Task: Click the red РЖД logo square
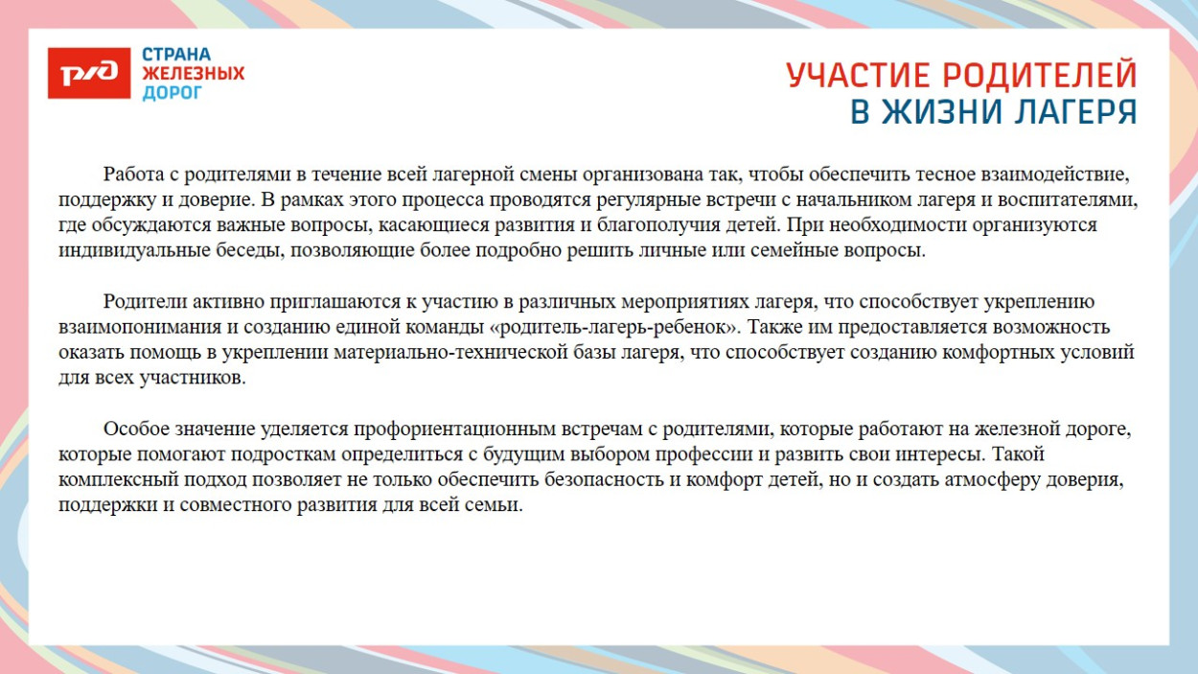coord(88,72)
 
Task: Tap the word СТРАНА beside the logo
coord(176,55)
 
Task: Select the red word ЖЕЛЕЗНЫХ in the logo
coord(194,74)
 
